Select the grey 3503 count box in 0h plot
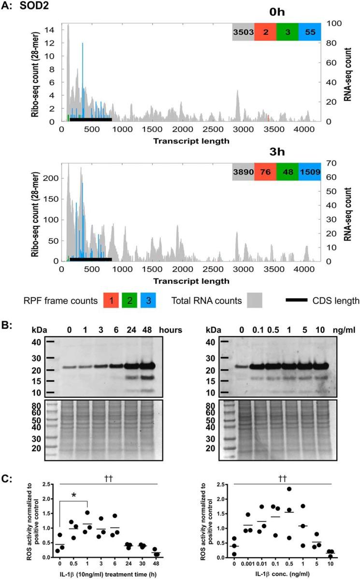coord(243,31)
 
